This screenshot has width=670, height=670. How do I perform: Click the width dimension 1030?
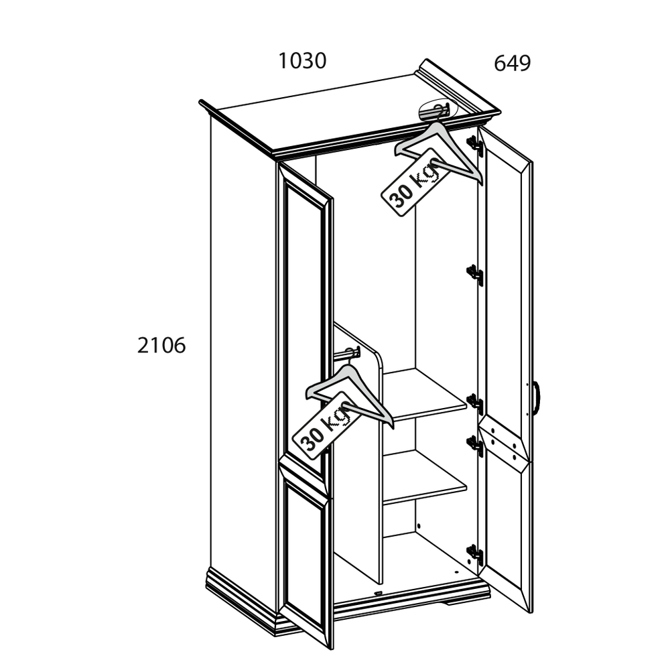pyautogui.click(x=303, y=61)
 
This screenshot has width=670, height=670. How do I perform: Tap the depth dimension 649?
pyautogui.click(x=512, y=63)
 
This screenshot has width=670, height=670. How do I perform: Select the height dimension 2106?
pyautogui.click(x=161, y=345)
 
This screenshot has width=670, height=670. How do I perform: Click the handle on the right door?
pyautogui.click(x=537, y=398)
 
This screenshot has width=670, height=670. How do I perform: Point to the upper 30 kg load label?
pyautogui.click(x=412, y=182)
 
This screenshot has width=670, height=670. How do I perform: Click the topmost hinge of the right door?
pyautogui.click(x=476, y=145)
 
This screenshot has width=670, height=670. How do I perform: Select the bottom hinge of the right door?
pyautogui.click(x=475, y=555)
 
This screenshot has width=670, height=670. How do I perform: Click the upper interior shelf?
pyautogui.click(x=425, y=395)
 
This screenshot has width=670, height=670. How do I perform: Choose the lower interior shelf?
pyautogui.click(x=425, y=477)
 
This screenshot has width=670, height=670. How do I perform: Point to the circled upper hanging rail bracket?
pyautogui.click(x=438, y=111)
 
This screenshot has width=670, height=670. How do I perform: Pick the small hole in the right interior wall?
pyautogui.click(x=418, y=526)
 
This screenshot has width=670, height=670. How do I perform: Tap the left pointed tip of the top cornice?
pyautogui.click(x=200, y=102)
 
